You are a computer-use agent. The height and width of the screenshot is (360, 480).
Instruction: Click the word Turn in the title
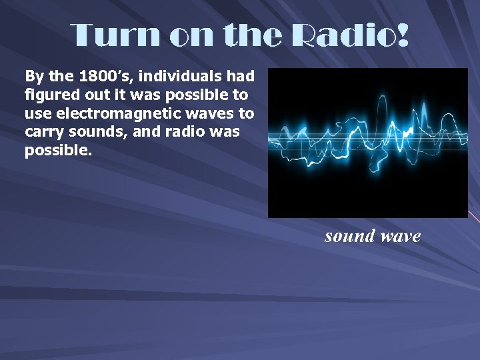pos(115,35)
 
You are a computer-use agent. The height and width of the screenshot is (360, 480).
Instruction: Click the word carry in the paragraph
pos(42,132)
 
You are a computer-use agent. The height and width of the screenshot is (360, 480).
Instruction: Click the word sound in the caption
pos(349,235)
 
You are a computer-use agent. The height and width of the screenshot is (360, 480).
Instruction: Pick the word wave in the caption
pos(400,235)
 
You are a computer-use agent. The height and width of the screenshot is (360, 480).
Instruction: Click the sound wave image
pos(367,143)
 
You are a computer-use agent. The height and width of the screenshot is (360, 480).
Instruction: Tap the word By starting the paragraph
pos(33,76)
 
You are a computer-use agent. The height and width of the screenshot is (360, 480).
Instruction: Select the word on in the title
pos(193,35)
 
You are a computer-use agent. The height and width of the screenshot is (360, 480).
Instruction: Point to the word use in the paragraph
pos(37,113)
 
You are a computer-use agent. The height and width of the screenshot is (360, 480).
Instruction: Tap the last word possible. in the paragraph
pos(56,151)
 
